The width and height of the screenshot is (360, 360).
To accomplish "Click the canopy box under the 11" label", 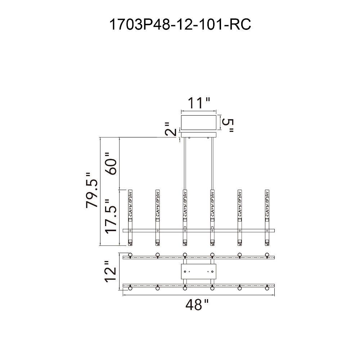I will pos(199,122).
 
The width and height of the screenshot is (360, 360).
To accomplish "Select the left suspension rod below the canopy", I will pos(185,162).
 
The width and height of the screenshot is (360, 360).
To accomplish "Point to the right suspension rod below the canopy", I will pos(212,162).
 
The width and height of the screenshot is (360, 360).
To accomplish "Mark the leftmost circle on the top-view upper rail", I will pos(130,255).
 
